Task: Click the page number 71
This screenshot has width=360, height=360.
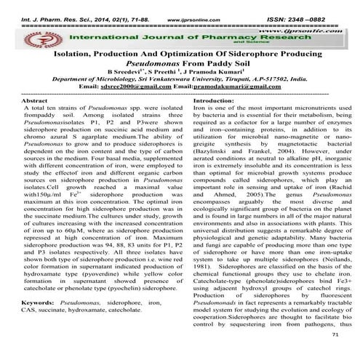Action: (x=334, y=337)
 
